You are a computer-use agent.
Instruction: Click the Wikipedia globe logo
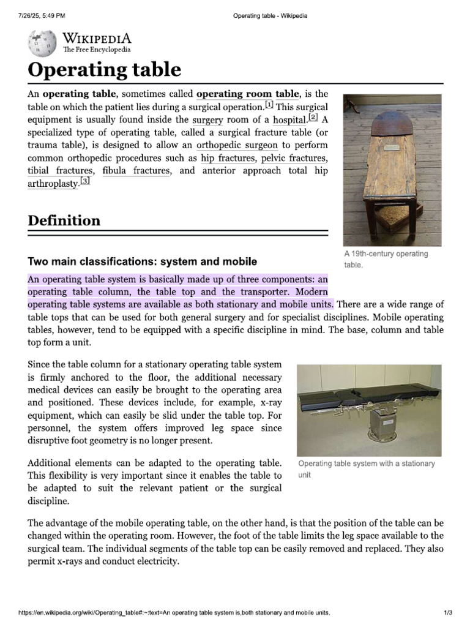coord(42,43)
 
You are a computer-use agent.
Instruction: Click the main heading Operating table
coord(105,69)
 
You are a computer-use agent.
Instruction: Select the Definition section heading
coord(64,220)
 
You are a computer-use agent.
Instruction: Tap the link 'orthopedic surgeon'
coord(237,145)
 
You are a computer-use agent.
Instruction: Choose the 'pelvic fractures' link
coord(294,158)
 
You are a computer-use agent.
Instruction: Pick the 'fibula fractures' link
coord(136,171)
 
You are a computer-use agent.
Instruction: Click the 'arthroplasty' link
coord(53,184)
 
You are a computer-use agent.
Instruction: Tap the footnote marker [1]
coord(269,105)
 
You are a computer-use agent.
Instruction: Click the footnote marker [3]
coord(85,181)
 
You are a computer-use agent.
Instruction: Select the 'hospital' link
coord(289,119)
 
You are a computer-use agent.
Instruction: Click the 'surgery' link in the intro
coord(207,119)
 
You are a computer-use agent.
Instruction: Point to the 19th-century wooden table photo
coord(392,170)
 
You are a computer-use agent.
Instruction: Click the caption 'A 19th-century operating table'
coord(386,259)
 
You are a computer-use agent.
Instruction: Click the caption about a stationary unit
coord(366,468)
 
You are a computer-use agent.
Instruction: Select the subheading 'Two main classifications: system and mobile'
coord(142,261)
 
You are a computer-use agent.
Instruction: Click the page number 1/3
coord(448,612)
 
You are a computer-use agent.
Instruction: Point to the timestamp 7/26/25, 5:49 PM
coord(38,15)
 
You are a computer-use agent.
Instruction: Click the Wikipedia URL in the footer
coord(174,612)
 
